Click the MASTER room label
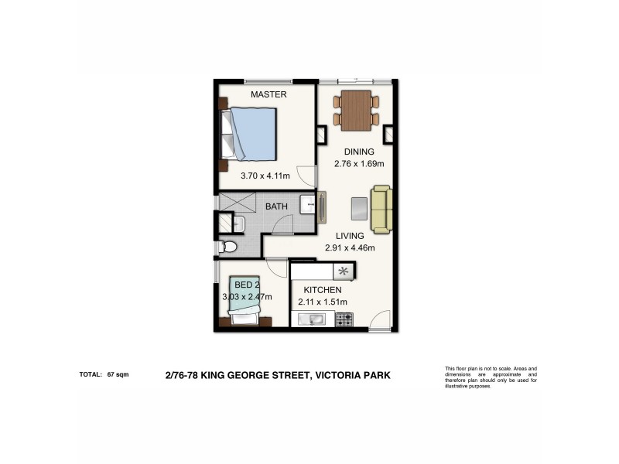point(268,94)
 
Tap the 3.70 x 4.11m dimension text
point(265,176)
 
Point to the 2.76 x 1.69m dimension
point(359,164)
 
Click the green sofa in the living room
point(380,209)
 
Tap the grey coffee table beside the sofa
point(359,209)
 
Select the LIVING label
point(350,236)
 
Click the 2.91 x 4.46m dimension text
point(350,248)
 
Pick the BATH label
point(276,207)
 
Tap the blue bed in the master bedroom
point(251,133)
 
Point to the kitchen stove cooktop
point(344,318)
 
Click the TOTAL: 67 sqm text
point(104,374)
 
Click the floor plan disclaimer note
point(491,377)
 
